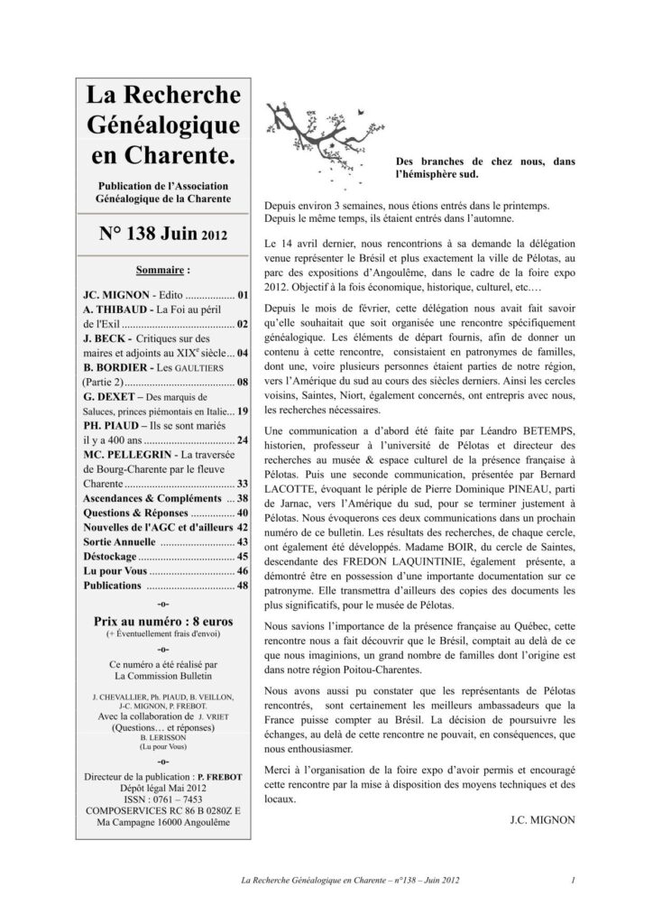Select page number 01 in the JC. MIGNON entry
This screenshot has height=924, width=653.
tap(243, 294)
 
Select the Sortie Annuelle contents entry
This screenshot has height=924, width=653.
tap(120, 541)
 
